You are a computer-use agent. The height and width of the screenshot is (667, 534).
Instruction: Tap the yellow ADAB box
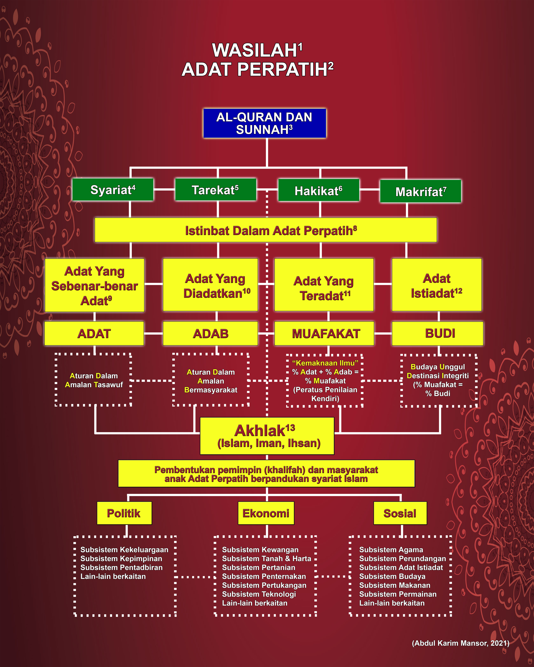point(211,333)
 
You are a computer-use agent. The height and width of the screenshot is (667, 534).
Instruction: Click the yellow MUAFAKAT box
point(324,333)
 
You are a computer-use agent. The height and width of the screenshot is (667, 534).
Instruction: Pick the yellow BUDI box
point(437,333)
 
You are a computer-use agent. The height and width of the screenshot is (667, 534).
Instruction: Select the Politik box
point(124,513)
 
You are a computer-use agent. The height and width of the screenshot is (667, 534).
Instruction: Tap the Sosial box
point(400,513)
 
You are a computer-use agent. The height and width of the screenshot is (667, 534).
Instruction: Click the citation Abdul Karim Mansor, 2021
point(460,643)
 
